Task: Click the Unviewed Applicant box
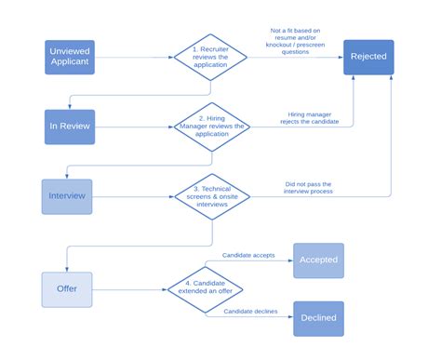70,57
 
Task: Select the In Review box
70,127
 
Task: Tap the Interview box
68,196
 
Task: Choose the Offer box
68,288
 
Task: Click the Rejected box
368,57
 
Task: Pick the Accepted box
319,260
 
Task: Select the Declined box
319,318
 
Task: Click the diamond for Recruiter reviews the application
210,57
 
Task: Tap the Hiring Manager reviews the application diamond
210,127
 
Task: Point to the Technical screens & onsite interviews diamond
213,196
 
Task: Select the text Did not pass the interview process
308,188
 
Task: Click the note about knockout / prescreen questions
297,42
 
